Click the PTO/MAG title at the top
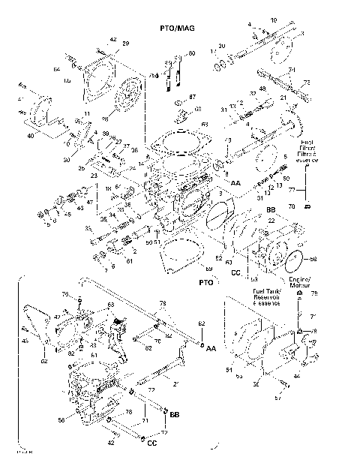(x=177, y=27)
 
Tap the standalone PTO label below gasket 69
(x=206, y=284)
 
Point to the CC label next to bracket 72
(x=151, y=443)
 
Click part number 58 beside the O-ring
(x=313, y=259)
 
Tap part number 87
(x=192, y=98)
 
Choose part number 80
(x=191, y=53)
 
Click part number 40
(x=31, y=136)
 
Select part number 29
(x=125, y=44)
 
